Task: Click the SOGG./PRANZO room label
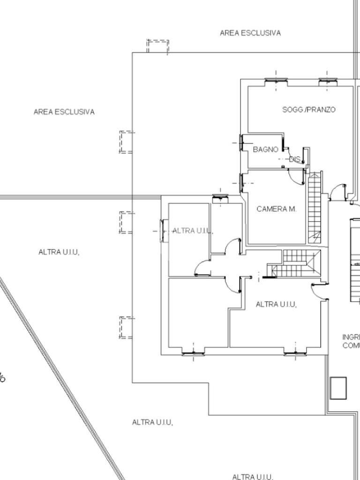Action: pyautogui.click(x=308, y=110)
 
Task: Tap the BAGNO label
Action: pyautogui.click(x=266, y=150)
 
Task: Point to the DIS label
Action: pyautogui.click(x=294, y=159)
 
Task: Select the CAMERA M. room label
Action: pyautogui.click(x=277, y=209)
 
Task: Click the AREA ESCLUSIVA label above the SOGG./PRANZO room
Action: pyautogui.click(x=250, y=33)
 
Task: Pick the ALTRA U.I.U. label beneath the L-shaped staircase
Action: pyautogui.click(x=277, y=305)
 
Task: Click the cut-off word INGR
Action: pyautogui.click(x=351, y=337)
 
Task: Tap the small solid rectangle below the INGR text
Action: pyautogui.click(x=338, y=388)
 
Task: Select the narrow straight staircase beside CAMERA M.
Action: pyautogui.click(x=314, y=206)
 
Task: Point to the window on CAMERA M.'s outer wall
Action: pyautogui.click(x=241, y=183)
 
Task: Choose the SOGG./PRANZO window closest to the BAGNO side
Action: pyautogui.click(x=276, y=81)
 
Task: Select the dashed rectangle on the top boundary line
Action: pyautogui.click(x=157, y=46)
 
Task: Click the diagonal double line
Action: pyautogui.click(x=61, y=375)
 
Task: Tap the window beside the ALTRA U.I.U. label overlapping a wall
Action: pyautogui.click(x=163, y=231)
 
